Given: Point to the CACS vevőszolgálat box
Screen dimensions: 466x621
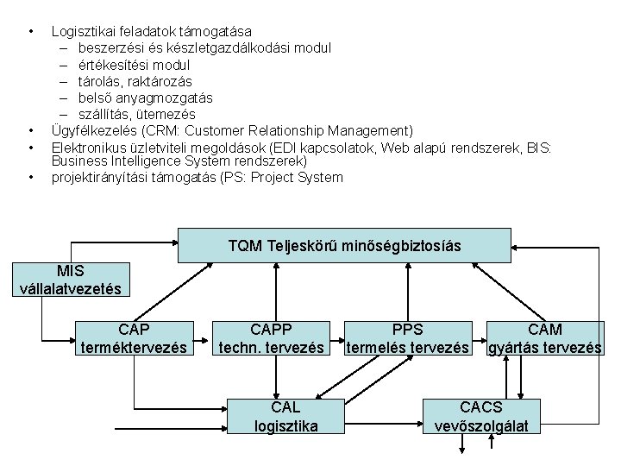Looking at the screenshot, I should (x=481, y=417).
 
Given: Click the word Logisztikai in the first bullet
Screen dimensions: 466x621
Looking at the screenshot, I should (x=79, y=31).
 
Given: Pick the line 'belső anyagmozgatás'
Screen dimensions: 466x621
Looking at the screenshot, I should (x=145, y=98).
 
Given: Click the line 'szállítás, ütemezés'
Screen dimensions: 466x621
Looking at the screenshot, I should (x=137, y=114).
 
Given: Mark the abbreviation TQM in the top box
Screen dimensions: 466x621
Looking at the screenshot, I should (x=247, y=246).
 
